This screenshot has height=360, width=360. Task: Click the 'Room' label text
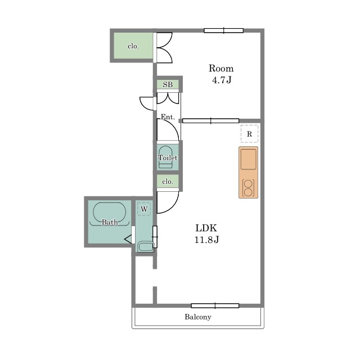pos(221,69)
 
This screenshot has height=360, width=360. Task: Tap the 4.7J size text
pos(221,80)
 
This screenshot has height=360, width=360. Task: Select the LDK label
pos(206,228)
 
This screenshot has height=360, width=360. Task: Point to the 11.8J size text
pos(206,240)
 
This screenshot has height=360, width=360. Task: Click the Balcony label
pos(198,317)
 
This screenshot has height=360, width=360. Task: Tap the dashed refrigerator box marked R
pos(249,134)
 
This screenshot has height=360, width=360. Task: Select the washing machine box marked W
pos(144,209)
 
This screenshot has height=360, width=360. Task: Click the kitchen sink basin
pos(249,159)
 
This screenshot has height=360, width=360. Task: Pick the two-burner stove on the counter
pos(248,188)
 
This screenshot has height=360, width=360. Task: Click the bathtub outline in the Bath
pos(110,213)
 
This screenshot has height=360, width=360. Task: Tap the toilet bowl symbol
pos(165,157)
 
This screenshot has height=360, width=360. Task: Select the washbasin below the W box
pos(146,246)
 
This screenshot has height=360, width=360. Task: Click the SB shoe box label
pos(168,84)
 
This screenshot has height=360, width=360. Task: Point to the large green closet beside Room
pos(133,46)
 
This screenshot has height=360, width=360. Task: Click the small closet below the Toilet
pos(168,181)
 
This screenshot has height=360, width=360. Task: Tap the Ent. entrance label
pos(168,117)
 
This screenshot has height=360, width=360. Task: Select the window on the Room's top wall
pos(224,30)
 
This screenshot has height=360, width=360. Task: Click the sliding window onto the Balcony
pos(215,305)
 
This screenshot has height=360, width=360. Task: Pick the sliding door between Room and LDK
pos(210,121)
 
